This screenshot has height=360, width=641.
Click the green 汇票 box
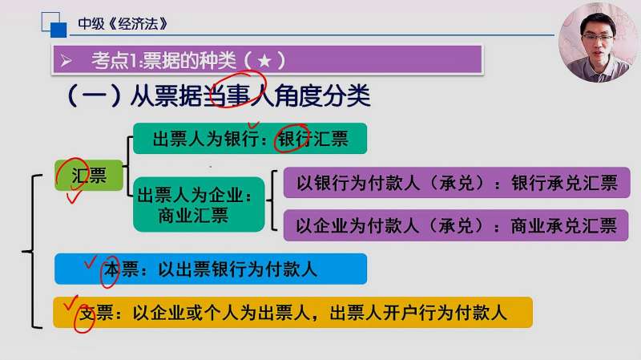[x=89, y=175]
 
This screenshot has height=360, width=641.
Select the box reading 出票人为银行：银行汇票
[x=250, y=139]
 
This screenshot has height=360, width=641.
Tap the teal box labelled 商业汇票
[x=200, y=204]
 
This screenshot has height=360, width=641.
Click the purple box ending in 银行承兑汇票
[x=456, y=184]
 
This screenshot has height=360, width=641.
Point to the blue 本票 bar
[x=210, y=269]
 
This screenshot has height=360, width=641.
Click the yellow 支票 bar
[x=292, y=313]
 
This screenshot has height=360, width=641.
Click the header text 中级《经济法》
[x=123, y=23]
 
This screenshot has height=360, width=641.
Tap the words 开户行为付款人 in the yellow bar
[x=451, y=313]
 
